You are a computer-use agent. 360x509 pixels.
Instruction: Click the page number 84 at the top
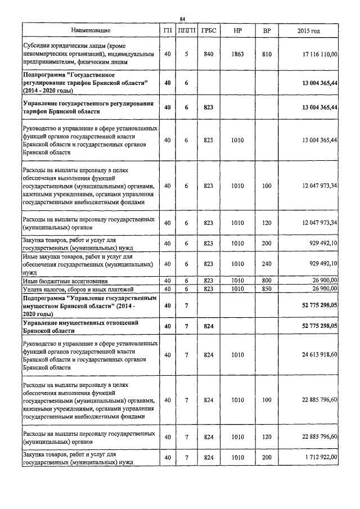tap(182, 19)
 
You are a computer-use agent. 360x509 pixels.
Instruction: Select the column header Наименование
tap(91, 30)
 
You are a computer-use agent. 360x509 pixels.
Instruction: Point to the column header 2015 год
tap(308, 30)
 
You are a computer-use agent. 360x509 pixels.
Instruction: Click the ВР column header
tap(266, 30)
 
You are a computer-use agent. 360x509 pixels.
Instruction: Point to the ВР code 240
tap(266, 263)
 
